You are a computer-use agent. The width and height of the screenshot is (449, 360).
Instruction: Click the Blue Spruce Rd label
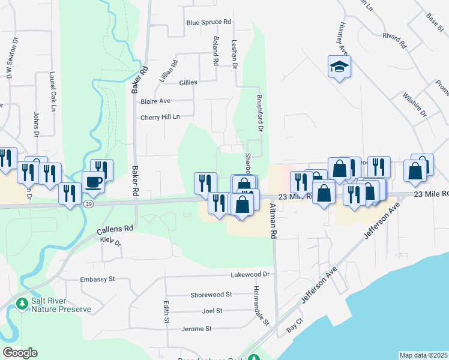(208, 22)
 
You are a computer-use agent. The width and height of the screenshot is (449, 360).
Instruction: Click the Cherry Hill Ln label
(160, 117)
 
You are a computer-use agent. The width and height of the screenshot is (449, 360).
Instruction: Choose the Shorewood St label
(211, 295)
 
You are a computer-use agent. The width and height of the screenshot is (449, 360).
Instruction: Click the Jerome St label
(198, 329)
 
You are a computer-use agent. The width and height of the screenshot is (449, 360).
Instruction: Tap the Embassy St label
(97, 280)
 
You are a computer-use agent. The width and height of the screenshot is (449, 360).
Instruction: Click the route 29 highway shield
(88, 204)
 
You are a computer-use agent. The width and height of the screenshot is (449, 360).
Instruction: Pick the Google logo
(20, 353)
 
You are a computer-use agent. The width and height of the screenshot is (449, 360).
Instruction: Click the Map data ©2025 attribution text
(423, 355)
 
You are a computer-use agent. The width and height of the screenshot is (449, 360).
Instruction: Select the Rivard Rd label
(394, 41)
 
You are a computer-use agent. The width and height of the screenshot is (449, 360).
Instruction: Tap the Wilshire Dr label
(415, 105)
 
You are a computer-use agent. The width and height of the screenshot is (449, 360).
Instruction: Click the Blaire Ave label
(155, 101)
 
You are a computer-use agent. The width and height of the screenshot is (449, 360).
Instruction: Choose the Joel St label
(212, 311)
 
